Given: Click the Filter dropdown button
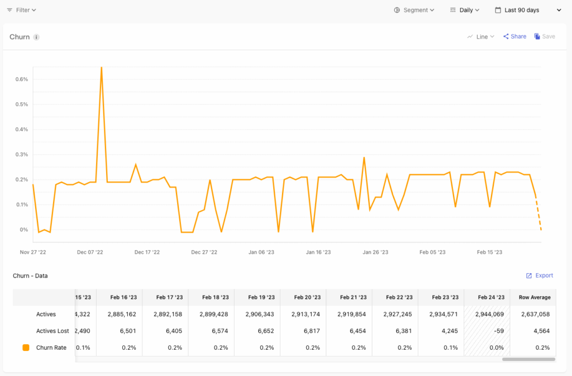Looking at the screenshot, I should point(21,10).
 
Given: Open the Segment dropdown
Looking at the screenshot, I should point(414,10).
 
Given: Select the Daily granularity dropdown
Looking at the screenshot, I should point(465,10).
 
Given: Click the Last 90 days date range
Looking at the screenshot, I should point(522,10).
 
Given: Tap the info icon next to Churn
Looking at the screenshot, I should point(36,37).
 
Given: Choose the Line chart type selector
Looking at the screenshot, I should point(481,37).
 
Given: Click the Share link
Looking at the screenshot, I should point(514,37).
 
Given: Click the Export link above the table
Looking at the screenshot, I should point(540,275).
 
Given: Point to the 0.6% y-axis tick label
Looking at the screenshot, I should point(21,79).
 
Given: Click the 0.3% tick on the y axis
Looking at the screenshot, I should point(21,155).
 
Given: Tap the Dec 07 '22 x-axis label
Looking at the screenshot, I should point(89,253).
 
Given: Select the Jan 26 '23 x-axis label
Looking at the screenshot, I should point(375,253).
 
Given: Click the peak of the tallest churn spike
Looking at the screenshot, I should point(101,68).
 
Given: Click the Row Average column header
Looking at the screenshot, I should point(535,297).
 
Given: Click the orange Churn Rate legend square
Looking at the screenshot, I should point(26,348).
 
